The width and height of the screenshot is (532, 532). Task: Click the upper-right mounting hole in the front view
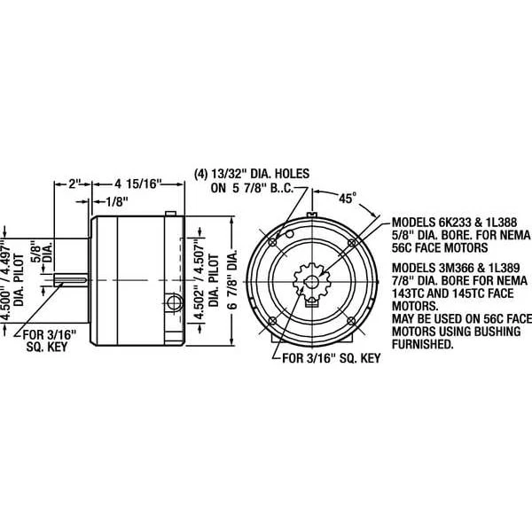coord(351,241)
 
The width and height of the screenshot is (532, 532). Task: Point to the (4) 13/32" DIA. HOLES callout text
coord(250,175)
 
